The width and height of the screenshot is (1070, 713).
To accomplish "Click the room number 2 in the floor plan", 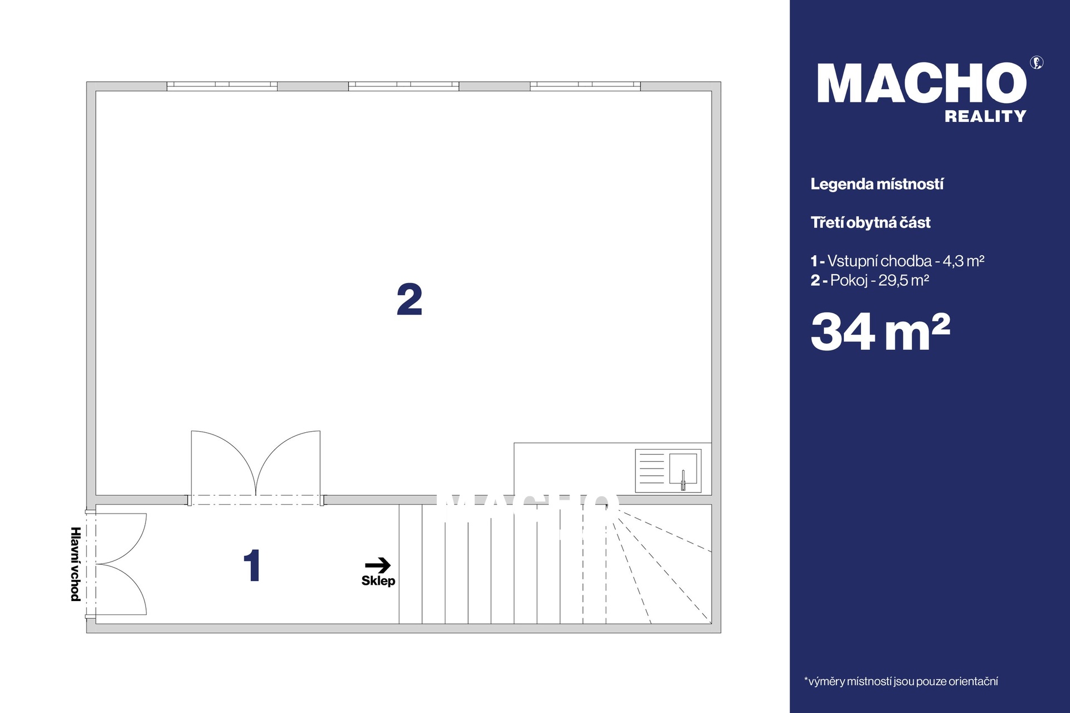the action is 410,300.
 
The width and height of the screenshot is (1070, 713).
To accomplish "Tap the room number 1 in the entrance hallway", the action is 252,565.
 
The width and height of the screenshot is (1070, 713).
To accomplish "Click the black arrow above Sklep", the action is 378,565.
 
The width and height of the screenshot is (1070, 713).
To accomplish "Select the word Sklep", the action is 378,581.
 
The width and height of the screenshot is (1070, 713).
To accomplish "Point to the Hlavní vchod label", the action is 76,564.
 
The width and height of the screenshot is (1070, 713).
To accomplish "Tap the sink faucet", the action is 683,480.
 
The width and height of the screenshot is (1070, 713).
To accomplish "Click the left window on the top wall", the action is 222,86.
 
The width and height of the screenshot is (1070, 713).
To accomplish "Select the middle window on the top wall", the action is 403,86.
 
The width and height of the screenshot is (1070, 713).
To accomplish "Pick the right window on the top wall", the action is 585,86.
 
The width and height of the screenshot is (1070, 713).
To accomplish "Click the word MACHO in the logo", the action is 922,83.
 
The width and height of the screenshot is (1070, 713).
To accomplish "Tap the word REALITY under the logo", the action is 985,116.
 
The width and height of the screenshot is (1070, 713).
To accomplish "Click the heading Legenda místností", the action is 877,184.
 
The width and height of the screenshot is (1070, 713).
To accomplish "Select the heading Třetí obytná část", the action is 870,223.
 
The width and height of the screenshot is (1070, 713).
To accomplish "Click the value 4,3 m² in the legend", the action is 964,261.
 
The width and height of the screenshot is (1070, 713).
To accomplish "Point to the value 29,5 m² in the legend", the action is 904,280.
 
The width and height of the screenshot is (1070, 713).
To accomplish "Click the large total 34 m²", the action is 881,332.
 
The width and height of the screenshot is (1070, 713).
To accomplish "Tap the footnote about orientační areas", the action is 901,681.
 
